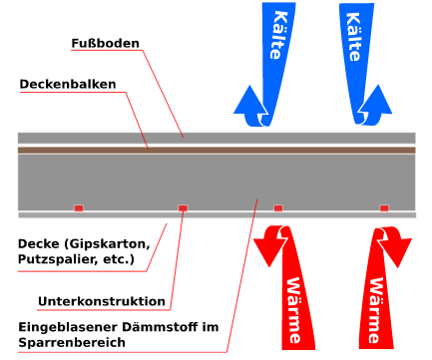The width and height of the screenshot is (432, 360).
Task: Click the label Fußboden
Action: (x=105, y=44)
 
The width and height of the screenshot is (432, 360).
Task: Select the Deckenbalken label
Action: (x=69, y=85)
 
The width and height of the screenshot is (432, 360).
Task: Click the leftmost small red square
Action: (x=78, y=207)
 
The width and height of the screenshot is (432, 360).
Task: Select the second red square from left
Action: (x=183, y=207)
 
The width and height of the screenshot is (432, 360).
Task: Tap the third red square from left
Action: (x=278, y=207)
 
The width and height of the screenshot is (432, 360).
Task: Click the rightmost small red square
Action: (x=383, y=207)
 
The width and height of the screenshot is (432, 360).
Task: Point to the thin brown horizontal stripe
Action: (x=216, y=150)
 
